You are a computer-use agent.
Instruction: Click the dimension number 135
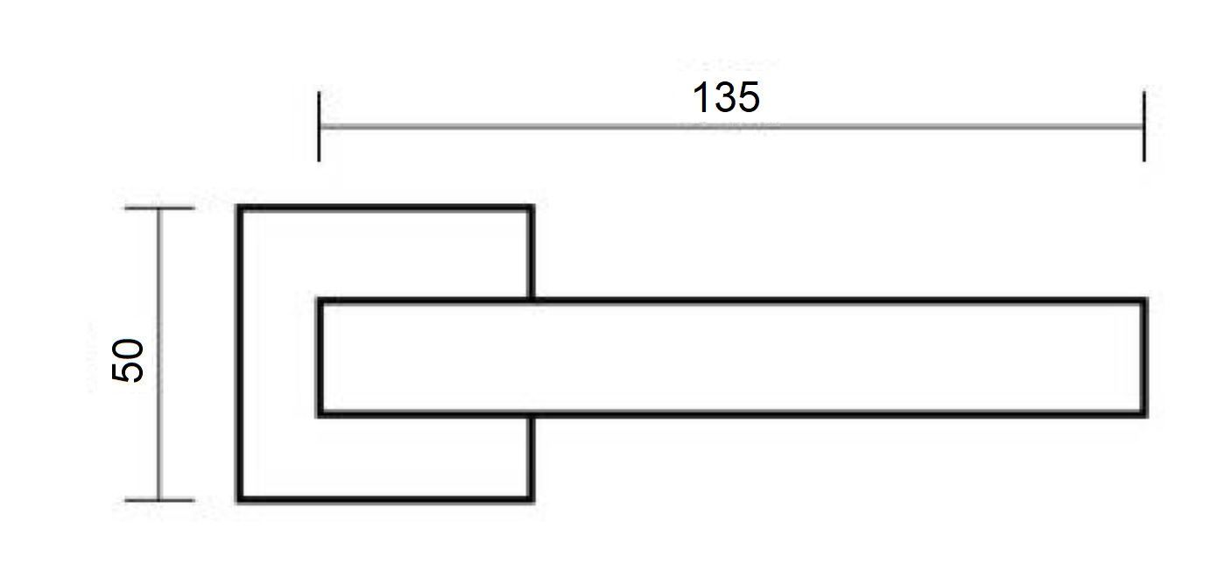click(726, 98)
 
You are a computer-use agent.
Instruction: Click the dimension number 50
click(128, 360)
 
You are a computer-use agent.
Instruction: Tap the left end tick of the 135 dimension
click(319, 126)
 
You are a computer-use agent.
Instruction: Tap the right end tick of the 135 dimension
click(1144, 126)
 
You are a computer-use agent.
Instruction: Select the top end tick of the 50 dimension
click(159, 208)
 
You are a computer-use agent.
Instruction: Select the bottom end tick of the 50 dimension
click(159, 500)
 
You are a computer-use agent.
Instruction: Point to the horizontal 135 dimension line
click(731, 126)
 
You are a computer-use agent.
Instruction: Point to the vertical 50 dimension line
click(159, 354)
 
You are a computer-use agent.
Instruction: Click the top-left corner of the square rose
click(238, 207)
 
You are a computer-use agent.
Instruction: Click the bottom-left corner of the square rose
click(238, 501)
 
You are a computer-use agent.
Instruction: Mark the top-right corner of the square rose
click(532, 207)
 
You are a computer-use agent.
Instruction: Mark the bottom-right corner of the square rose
click(532, 501)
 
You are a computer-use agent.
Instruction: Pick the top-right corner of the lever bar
click(1145, 300)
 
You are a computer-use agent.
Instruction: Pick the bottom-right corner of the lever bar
click(1145, 415)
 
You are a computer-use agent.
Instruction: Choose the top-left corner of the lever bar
click(319, 300)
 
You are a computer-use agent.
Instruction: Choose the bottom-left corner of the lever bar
click(319, 415)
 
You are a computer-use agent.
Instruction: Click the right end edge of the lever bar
click(1145, 357)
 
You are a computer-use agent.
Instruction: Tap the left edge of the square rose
click(239, 354)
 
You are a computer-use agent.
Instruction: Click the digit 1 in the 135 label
click(701, 97)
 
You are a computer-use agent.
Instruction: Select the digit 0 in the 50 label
click(128, 349)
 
